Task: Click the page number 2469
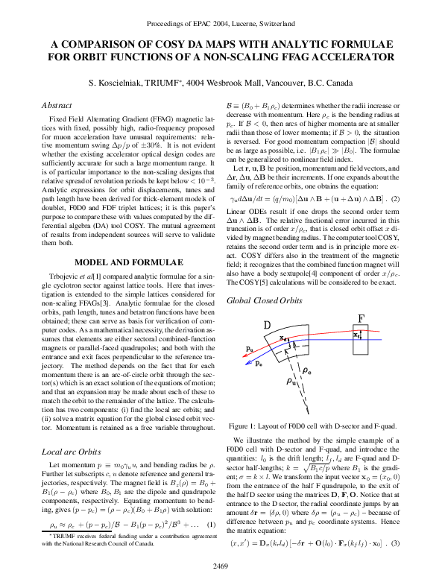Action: [221, 566]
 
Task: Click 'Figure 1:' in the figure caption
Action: [247, 425]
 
